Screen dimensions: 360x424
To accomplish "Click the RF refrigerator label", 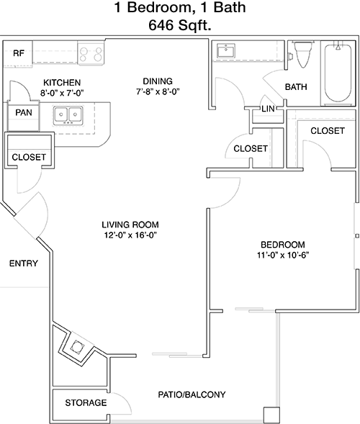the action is pyautogui.click(x=19, y=53).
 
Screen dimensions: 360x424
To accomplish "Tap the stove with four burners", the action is pyautogui.click(x=91, y=53).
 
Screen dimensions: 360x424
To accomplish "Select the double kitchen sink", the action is pyautogui.click(x=68, y=115).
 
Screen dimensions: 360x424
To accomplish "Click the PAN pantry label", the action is pyautogui.click(x=24, y=112).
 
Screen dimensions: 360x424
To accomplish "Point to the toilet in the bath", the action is pyautogui.click(x=303, y=55).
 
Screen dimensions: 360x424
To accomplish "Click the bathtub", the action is pyautogui.click(x=338, y=73).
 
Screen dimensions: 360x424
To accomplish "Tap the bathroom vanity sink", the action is pyautogui.click(x=226, y=50).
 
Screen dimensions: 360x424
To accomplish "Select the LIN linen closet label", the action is pyautogui.click(x=268, y=109).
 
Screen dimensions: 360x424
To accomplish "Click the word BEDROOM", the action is pyautogui.click(x=283, y=245).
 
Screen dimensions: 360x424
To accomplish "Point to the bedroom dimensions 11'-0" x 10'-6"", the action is pyautogui.click(x=283, y=256).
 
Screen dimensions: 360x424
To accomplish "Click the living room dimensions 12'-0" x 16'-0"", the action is pyautogui.click(x=130, y=235).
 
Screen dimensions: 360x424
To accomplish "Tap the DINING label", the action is pyautogui.click(x=158, y=81).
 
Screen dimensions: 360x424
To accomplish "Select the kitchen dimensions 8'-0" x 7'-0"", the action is pyautogui.click(x=62, y=93).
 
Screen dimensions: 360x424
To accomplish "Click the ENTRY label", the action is pyautogui.click(x=24, y=263).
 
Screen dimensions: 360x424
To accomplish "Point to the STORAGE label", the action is pyautogui.click(x=86, y=403).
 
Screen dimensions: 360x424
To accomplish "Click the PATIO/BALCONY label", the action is pyautogui.click(x=192, y=394).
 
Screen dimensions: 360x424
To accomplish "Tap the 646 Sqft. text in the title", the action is pyautogui.click(x=179, y=25).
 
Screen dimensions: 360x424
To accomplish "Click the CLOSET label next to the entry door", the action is pyautogui.click(x=29, y=157).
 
